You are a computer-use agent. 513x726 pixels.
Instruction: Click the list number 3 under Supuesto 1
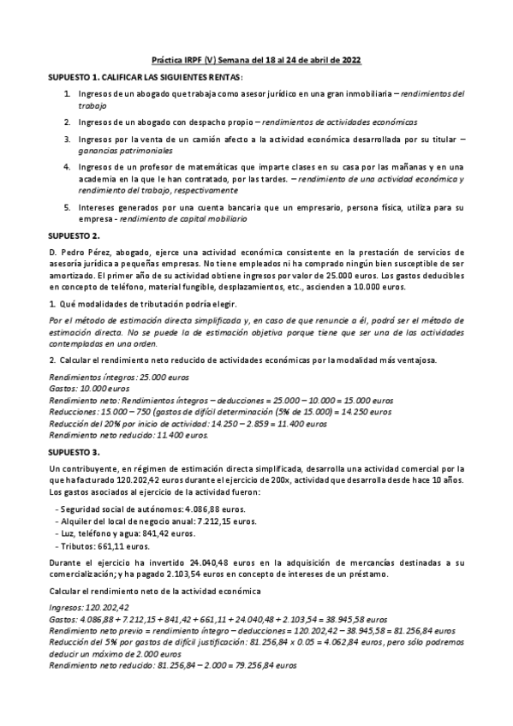(67, 138)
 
